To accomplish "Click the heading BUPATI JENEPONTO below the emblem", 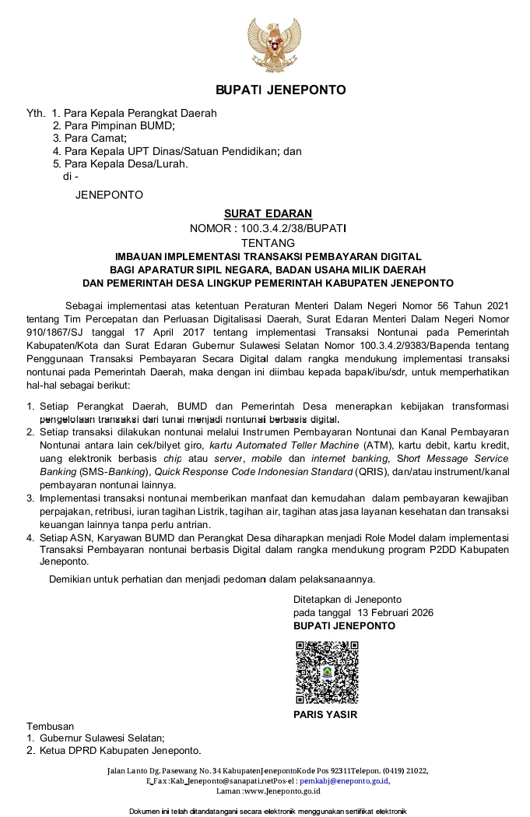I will [x=280, y=90].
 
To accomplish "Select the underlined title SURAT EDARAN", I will [x=268, y=213].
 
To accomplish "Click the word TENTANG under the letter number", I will [x=268, y=243].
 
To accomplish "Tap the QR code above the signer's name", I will [x=326, y=672].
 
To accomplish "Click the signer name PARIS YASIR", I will [x=325, y=715].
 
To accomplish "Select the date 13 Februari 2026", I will [x=398, y=612].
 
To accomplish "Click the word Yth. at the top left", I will [x=36, y=113].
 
